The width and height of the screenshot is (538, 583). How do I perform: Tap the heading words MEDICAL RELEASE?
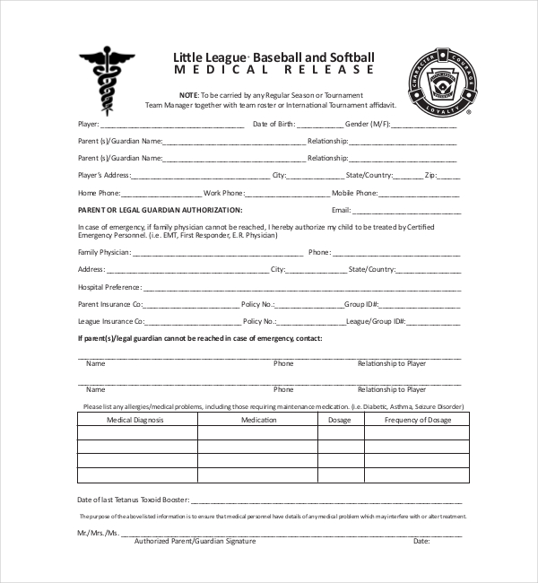click(273, 70)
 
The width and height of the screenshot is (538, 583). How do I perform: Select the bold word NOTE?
click(188, 95)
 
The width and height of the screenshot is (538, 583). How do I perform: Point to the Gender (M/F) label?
click(367, 124)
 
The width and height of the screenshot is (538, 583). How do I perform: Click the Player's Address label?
click(105, 175)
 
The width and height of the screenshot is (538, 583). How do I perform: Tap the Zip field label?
click(430, 175)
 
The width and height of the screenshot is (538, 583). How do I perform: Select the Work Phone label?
click(223, 193)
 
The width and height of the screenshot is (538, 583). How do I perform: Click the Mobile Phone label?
click(354, 193)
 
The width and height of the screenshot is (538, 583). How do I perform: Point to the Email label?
click(342, 209)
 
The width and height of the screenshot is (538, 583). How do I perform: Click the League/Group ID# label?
click(376, 321)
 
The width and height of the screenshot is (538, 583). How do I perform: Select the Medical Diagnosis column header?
click(136, 419)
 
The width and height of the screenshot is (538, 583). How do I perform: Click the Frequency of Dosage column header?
click(418, 419)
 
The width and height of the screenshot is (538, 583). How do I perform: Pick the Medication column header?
click(259, 419)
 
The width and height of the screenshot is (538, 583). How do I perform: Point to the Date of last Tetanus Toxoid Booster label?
click(133, 499)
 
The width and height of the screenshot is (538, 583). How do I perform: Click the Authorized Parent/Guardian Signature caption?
click(195, 542)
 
